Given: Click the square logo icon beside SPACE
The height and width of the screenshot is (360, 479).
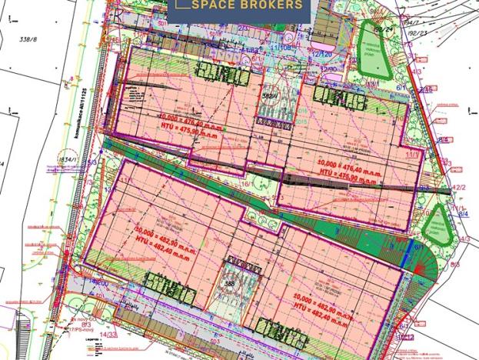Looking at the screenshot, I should tap(183, 4).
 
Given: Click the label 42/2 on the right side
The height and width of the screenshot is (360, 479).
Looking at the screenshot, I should tap(459, 187).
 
